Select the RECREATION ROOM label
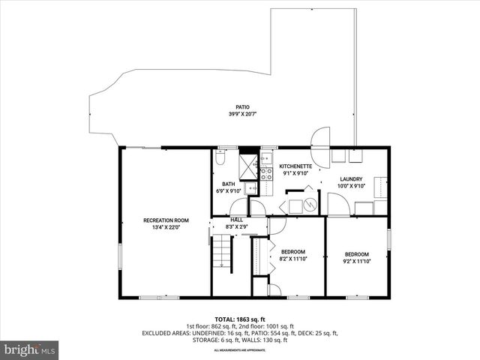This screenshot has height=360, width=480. (x=166, y=220)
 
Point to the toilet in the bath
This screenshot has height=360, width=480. (x=220, y=158)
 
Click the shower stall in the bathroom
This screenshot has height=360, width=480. (x=247, y=163)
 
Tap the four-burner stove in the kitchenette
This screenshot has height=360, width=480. (x=265, y=174)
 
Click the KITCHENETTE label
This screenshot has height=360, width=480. (x=295, y=166)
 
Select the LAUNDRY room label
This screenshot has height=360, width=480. (x=351, y=178)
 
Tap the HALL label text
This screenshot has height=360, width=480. (x=236, y=219)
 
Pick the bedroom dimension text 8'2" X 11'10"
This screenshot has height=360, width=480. (x=292, y=259)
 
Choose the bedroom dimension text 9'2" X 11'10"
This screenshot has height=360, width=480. (x=356, y=261)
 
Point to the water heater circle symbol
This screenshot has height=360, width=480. (x=310, y=202)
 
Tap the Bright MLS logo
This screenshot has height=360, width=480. (x=30, y=349)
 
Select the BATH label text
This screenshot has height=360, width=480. (x=228, y=184)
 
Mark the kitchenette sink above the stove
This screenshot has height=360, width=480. (x=265, y=159)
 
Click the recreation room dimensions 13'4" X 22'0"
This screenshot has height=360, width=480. (x=166, y=226)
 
